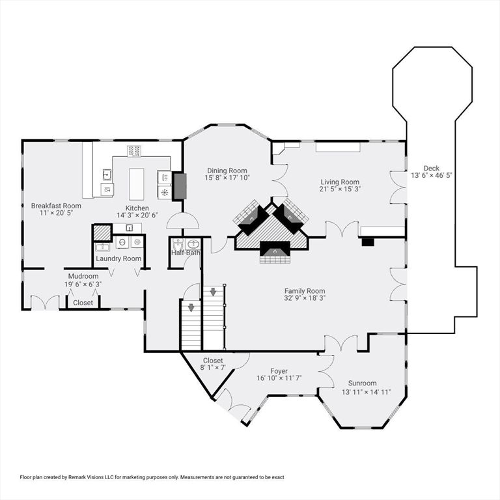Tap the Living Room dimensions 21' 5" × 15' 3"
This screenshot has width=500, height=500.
(x=340, y=189)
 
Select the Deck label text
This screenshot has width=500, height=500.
(x=431, y=167)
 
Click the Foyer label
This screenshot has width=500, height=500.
(x=279, y=371)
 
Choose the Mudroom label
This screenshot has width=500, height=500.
(x=83, y=276)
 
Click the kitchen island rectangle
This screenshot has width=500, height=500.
(x=136, y=184)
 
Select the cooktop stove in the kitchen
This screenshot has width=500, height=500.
(x=135, y=151)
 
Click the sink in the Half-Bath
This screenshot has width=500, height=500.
(x=191, y=243)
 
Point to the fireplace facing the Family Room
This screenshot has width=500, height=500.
(x=273, y=250)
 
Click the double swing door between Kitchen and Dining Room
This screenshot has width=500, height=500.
(x=183, y=221)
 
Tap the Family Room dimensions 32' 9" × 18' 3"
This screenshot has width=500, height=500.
(x=304, y=298)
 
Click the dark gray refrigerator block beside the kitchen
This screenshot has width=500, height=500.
(x=179, y=186)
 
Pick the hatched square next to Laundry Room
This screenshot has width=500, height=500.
(x=102, y=232)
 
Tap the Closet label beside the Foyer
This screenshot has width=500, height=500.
(x=213, y=360)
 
